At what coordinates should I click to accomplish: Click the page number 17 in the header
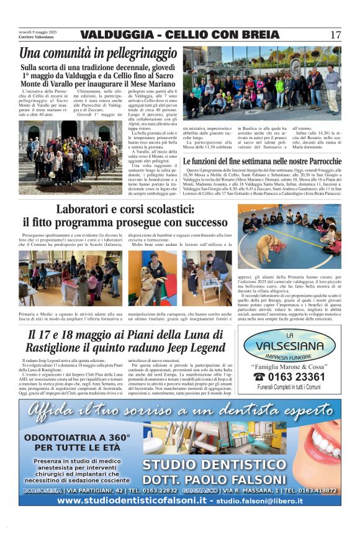click(x=335, y=35)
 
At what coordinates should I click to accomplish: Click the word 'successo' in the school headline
click(x=197, y=222)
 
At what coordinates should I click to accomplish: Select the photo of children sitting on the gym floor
click(x=289, y=236)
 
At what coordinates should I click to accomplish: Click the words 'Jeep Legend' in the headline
click(x=193, y=348)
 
